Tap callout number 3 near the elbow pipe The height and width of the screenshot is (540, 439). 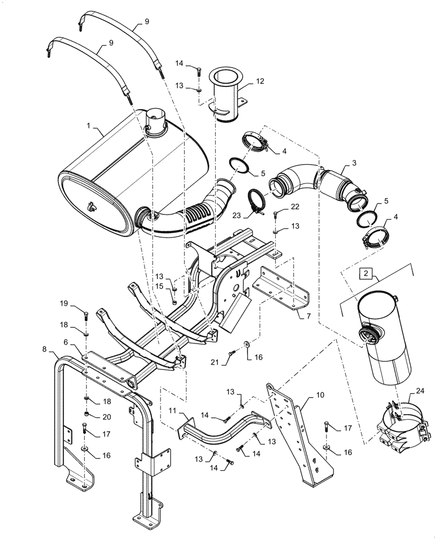click(353, 163)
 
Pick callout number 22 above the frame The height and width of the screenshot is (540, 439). click(295, 207)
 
